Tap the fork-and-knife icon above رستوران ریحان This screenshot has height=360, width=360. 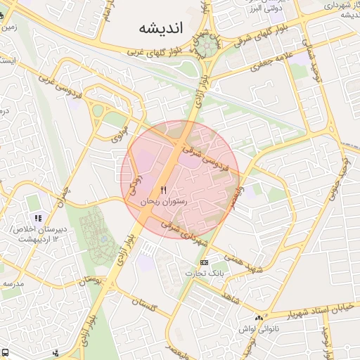click(x=164, y=190)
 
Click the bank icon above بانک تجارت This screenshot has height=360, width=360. click(x=205, y=262)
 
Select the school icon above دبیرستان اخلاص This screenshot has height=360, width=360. click(x=38, y=219)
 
